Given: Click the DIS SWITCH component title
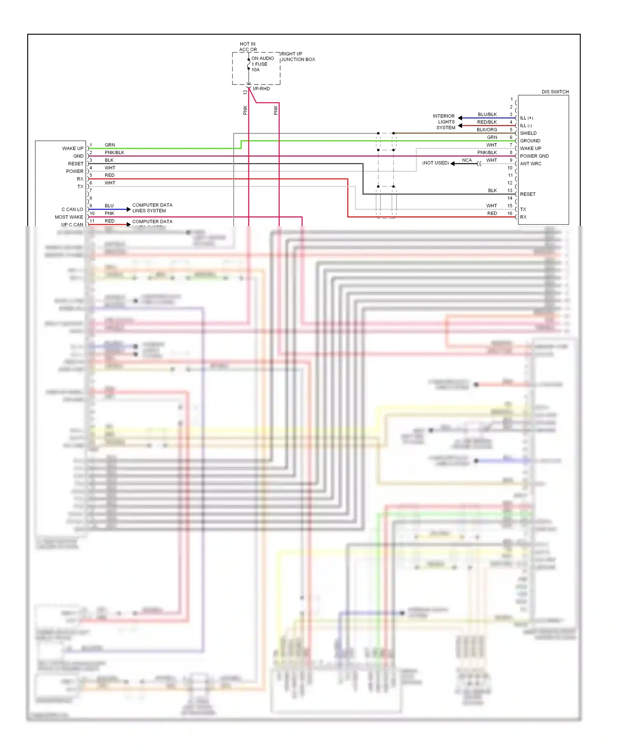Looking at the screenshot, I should (x=555, y=92).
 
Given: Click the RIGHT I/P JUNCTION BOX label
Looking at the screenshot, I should (x=298, y=57).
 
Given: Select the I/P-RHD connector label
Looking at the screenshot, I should (x=261, y=89).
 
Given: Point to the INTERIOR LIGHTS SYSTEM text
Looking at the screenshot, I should (x=445, y=122).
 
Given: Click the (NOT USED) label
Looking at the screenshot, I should (x=435, y=163).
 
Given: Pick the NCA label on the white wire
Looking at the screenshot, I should (x=466, y=160).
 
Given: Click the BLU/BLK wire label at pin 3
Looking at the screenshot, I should (x=487, y=114).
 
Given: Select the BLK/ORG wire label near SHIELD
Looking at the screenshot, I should (x=487, y=130).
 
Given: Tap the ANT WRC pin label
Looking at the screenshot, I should (x=530, y=164).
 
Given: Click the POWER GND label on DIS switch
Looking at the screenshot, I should (x=534, y=156).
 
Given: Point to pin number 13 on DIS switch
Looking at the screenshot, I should (x=510, y=191).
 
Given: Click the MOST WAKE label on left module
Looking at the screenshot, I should (x=69, y=217).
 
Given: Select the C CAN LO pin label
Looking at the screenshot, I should (x=72, y=210).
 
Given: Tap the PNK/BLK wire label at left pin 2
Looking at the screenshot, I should (x=114, y=153).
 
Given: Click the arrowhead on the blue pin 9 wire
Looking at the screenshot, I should (x=128, y=210).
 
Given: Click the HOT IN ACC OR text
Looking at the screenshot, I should (x=248, y=47).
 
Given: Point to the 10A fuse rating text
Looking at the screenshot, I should (x=255, y=70).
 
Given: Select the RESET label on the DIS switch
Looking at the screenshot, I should (x=527, y=194).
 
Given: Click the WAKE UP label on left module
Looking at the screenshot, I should (x=73, y=148).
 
